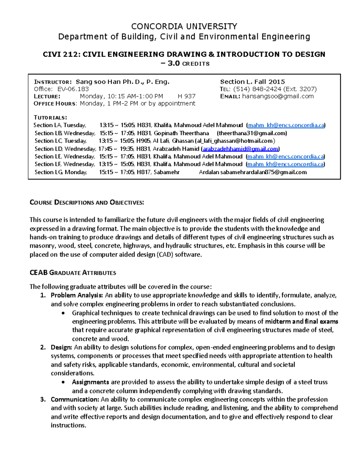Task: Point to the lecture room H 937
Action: tap(186, 96)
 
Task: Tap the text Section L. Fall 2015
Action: tap(252, 82)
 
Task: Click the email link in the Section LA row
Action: tap(286, 125)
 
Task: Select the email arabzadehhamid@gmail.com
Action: tap(240, 149)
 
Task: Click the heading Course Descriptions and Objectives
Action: tap(87, 203)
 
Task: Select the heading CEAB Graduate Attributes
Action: tap(73, 273)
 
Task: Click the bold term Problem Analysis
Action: tap(76, 295)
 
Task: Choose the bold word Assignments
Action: tap(90, 382)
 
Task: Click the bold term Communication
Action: tap(75, 400)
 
